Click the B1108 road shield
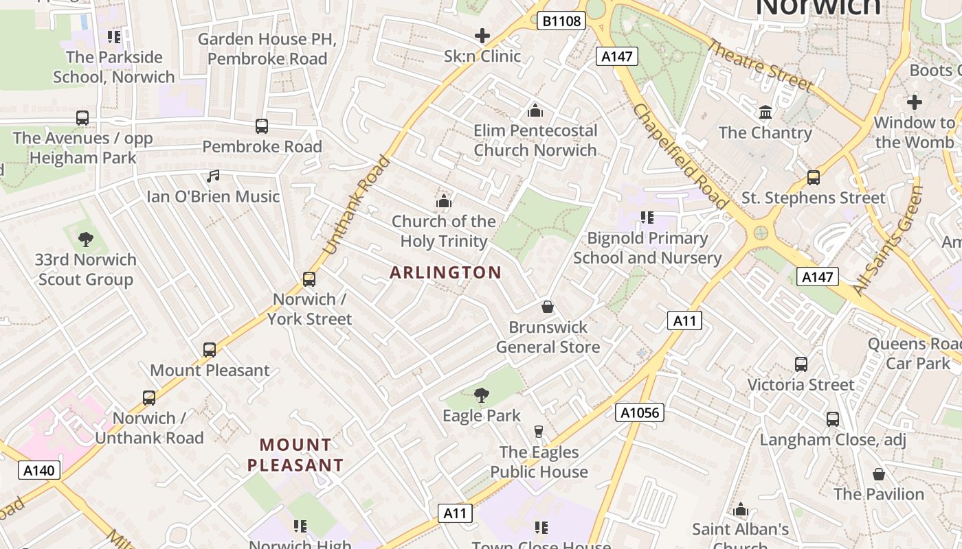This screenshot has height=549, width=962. (x=561, y=21)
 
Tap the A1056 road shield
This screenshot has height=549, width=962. (x=640, y=412)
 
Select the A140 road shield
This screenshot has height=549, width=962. (x=38, y=470)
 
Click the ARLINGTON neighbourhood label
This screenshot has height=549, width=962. (x=445, y=272)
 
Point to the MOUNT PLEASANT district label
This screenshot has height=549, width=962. (x=295, y=455)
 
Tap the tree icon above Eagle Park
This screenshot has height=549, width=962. (x=482, y=395)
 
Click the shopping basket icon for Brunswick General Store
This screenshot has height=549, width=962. (x=548, y=306)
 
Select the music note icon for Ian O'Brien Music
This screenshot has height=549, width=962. (x=213, y=176)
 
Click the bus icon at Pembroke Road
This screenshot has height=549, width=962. (x=261, y=126)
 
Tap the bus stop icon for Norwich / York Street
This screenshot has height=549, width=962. (x=309, y=279)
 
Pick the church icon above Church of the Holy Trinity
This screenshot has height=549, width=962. (x=444, y=201)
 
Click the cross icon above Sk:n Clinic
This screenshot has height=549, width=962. (x=482, y=36)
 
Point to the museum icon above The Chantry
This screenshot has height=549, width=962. (x=765, y=112)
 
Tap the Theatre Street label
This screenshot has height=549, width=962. (x=761, y=66)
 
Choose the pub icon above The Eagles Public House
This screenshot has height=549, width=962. (x=538, y=432)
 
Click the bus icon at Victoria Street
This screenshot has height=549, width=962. (x=801, y=364)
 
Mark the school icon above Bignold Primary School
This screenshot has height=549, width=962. (x=647, y=218)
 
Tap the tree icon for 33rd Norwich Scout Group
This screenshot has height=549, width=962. (x=86, y=240)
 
